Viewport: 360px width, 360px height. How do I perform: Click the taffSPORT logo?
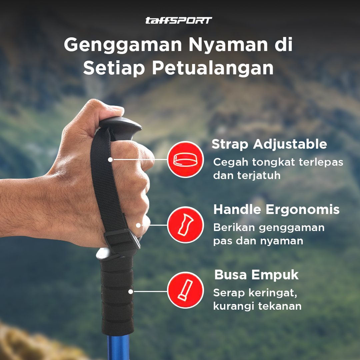pos(179,20)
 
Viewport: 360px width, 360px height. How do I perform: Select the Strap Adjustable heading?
pos(269,145)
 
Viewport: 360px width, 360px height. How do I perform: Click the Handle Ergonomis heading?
pos(276,210)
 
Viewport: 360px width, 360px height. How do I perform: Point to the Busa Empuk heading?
pos(256,275)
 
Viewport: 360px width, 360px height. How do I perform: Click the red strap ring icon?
pos(185,159)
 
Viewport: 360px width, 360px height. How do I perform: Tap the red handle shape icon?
pos(185,225)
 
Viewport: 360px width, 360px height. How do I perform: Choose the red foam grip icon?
pos(185,290)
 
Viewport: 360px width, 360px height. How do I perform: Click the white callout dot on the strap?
pos(110,160)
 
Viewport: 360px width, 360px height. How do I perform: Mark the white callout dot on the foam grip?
pos(131,292)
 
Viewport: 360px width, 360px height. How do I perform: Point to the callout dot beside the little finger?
pos(138,225)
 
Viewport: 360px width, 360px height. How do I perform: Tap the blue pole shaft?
pos(118,347)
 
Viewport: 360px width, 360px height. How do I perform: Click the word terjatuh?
pos(259,176)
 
